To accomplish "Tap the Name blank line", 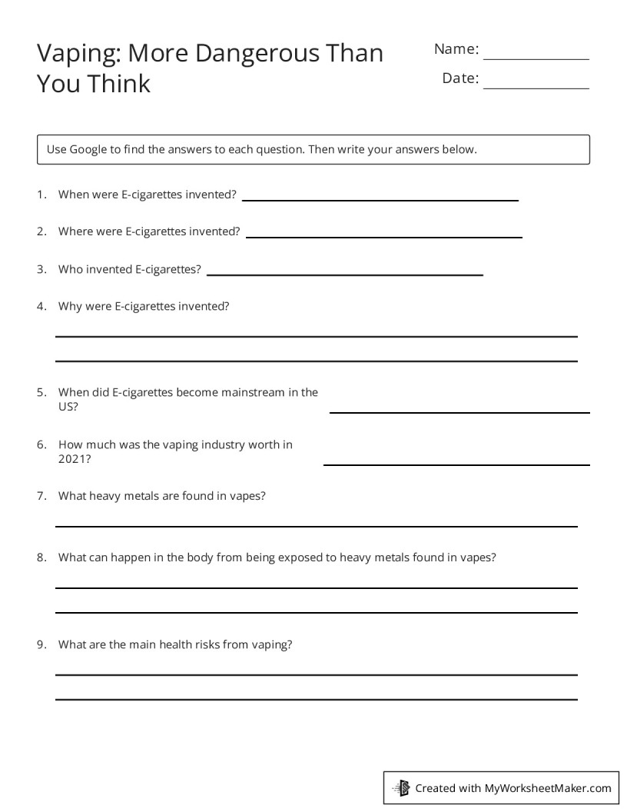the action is (x=536, y=58).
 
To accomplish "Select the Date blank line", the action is (x=536, y=88).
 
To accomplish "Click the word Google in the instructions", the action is (x=89, y=149).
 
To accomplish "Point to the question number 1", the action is (x=41, y=195).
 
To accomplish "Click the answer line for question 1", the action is (x=380, y=200).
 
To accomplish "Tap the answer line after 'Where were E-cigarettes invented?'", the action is (x=383, y=237).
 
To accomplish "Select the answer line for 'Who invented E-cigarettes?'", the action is (x=345, y=275).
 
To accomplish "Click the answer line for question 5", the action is (x=459, y=412).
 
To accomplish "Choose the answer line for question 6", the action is (x=456, y=464).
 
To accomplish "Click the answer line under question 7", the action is (x=316, y=526).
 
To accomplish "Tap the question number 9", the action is (x=41, y=644).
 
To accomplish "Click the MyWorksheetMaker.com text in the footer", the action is (x=547, y=788).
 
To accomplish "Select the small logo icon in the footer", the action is (x=402, y=788).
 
